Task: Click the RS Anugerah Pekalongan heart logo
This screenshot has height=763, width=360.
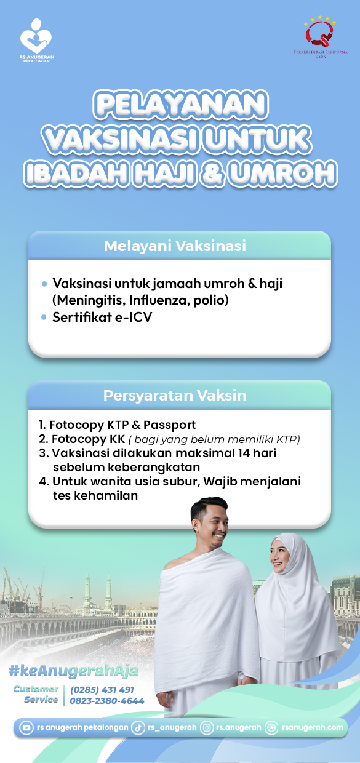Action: pyautogui.click(x=36, y=36)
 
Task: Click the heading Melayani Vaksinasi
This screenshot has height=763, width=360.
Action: pyautogui.click(x=175, y=246)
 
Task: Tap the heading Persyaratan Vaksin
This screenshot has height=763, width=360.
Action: pyautogui.click(x=175, y=396)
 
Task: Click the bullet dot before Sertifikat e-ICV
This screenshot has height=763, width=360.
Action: pyautogui.click(x=44, y=318)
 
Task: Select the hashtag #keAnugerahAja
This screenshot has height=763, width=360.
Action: pyautogui.click(x=73, y=670)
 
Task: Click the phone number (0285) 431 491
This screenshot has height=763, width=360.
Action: pyautogui.click(x=102, y=690)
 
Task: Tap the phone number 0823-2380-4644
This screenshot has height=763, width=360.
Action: pyautogui.click(x=107, y=701)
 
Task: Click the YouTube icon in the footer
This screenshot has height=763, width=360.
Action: pyautogui.click(x=26, y=728)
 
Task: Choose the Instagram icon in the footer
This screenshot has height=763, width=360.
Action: pyautogui.click(x=207, y=728)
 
